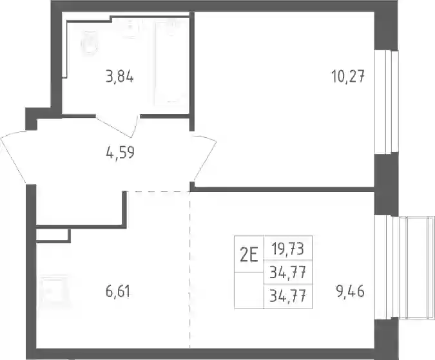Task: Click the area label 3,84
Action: coord(120,77)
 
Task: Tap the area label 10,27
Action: coord(347,76)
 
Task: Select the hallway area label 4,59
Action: coord(120,152)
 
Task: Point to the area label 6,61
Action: coord(118,292)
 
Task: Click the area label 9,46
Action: coord(350,292)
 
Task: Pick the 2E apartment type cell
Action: coord(249,254)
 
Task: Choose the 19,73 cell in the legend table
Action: coord(288,248)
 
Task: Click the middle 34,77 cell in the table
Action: coord(288,272)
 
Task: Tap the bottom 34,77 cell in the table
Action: coord(288,296)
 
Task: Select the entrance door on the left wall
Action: coord(14,158)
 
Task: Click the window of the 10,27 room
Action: coord(387,102)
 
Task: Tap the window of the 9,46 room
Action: coord(403,268)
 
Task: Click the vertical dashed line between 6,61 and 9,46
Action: coord(190,269)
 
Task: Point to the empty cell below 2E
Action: coord(249,290)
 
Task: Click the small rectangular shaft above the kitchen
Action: coord(53,235)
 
